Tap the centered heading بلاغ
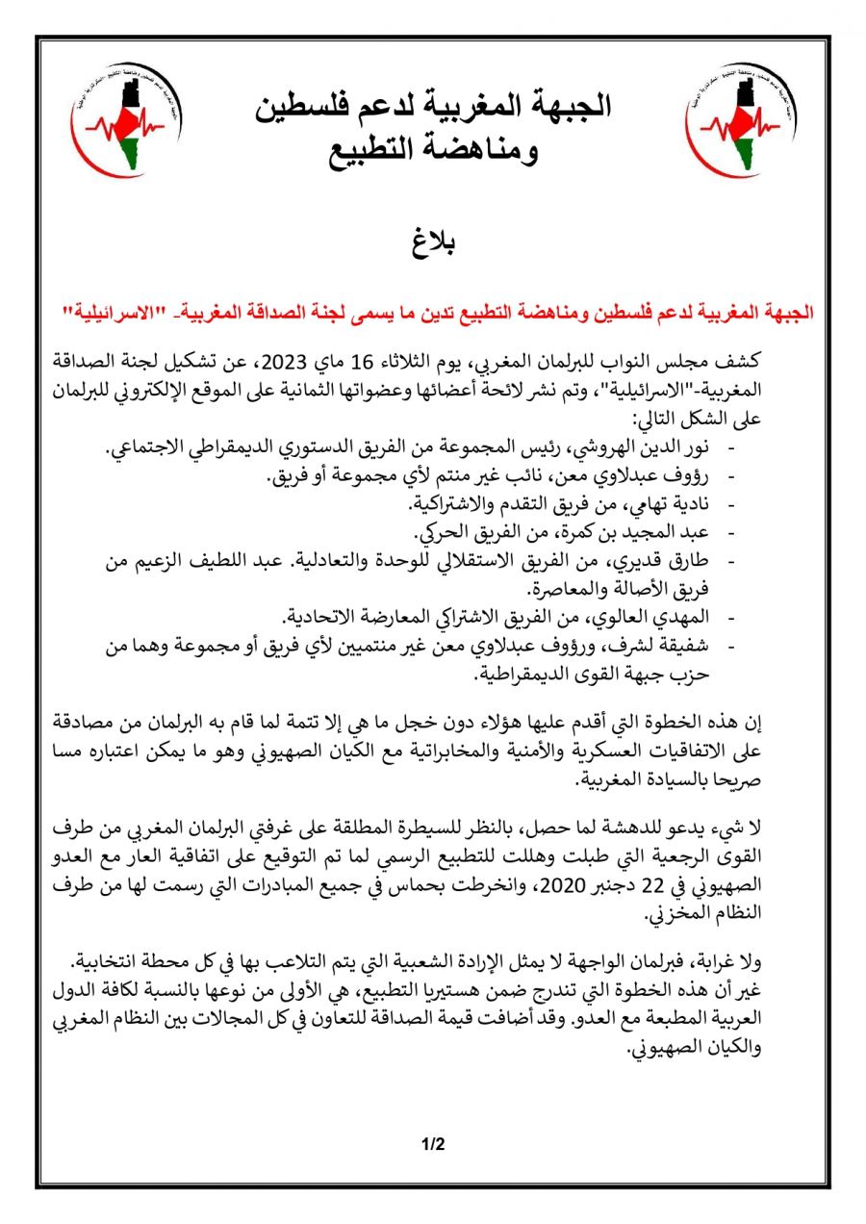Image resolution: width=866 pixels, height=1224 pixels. coord(433,241)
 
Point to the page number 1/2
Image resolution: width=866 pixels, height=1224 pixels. coord(433,1145)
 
